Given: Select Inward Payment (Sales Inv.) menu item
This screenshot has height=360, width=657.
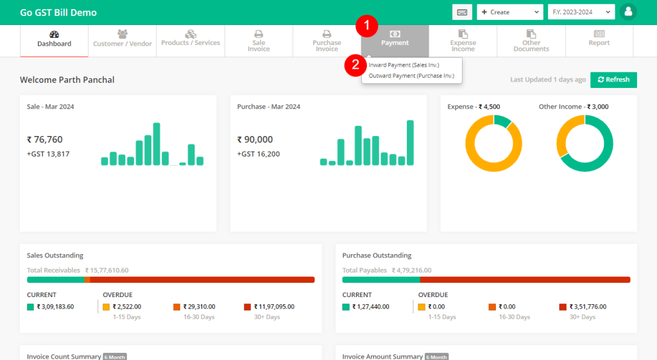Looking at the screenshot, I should (404, 65).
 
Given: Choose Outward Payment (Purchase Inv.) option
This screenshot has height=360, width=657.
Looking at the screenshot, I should (411, 76).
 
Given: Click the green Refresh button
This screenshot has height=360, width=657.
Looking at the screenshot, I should (613, 80).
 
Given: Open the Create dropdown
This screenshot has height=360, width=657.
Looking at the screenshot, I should (509, 12).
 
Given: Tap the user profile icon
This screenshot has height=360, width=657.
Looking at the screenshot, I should (628, 12).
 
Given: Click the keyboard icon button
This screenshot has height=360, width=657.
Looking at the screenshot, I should (462, 12).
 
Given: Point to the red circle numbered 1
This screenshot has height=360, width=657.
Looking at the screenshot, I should (367, 26).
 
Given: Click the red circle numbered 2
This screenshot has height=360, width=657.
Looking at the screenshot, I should (355, 65).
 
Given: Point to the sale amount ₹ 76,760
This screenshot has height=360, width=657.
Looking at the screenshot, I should (45, 139).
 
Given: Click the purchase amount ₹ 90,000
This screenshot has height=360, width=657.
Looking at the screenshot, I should (255, 139).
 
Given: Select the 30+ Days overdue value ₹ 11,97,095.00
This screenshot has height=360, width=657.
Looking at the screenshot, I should (273, 307).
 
